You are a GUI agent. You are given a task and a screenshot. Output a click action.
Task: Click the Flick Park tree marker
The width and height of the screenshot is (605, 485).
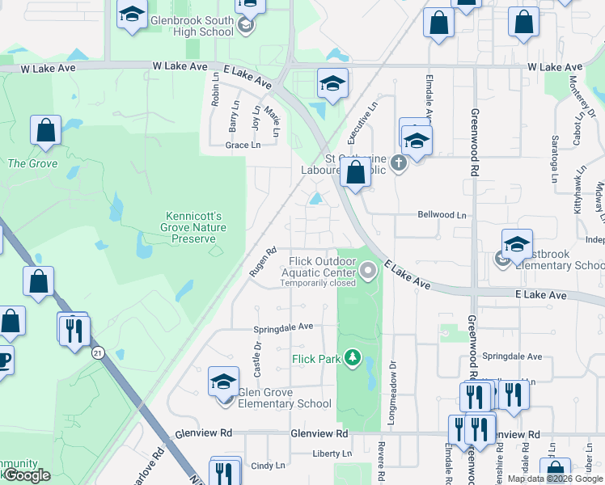point(353,357)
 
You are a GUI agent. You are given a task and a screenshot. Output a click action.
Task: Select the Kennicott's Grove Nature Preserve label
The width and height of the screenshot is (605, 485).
point(196,227)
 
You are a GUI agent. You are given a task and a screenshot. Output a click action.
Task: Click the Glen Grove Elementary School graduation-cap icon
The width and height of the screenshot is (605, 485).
point(224,382)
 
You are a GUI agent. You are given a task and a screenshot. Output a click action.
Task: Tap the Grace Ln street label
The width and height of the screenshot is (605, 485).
point(243,145)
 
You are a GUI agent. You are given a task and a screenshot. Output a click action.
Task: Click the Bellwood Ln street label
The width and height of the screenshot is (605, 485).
point(442,215)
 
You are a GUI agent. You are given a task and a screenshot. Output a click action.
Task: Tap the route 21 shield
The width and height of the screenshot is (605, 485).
point(98,352)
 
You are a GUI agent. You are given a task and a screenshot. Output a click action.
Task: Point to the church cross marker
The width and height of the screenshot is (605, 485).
point(398,163)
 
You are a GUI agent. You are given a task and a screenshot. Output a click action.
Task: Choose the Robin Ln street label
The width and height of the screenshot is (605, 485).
point(215,89)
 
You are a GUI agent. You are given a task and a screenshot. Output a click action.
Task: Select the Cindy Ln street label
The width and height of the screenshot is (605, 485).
point(268,466)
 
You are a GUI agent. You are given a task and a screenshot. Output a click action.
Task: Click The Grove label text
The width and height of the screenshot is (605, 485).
point(21,163)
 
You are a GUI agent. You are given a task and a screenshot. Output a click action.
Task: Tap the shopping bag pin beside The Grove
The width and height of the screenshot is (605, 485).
point(46,131)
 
